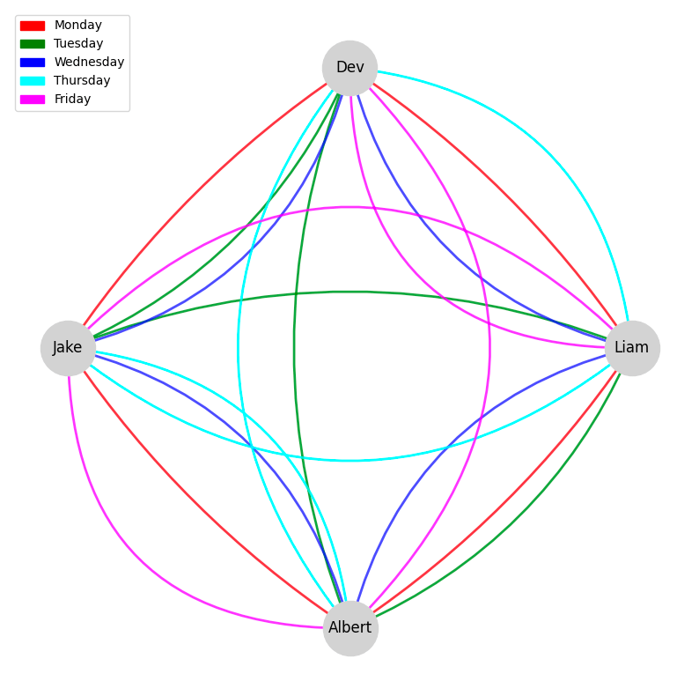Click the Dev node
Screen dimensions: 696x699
tap(349, 68)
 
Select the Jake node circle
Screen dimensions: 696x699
tap(68, 348)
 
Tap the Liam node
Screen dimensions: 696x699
tap(631, 348)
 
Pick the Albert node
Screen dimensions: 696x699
tap(350, 627)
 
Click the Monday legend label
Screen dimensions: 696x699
tap(77, 26)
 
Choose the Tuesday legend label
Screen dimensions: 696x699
tap(78, 44)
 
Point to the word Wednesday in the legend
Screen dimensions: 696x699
tap(89, 63)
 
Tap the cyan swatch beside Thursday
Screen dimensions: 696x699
tap(32, 81)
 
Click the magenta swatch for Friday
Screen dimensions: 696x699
tap(32, 100)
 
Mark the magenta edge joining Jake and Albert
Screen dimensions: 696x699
tap(132, 573)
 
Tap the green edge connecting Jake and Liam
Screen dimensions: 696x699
tap(349, 292)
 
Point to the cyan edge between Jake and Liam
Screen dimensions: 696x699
tap(349, 460)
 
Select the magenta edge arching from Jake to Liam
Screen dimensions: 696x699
tap(349, 207)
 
